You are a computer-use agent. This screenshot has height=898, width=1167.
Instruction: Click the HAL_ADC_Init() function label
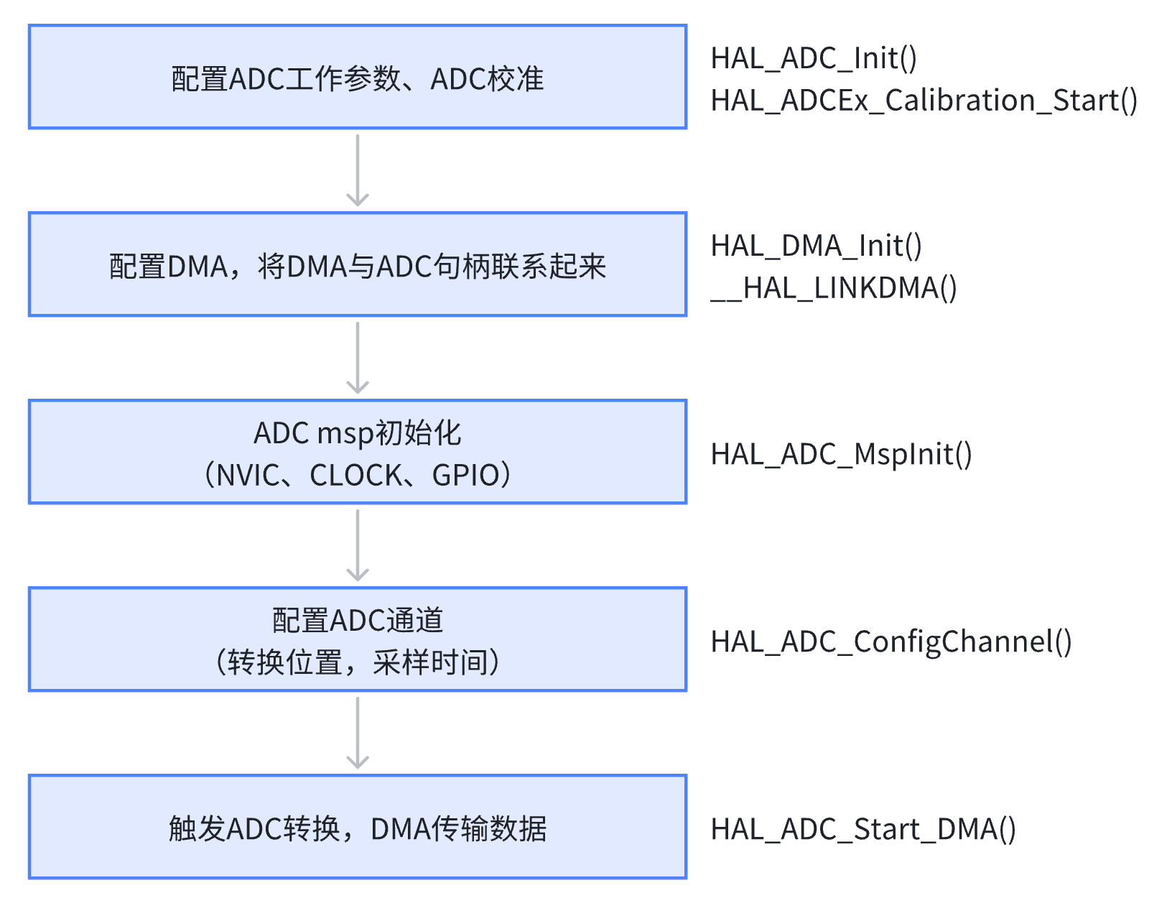[x=813, y=58]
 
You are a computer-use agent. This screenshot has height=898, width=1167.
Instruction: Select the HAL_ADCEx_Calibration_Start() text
[x=924, y=101]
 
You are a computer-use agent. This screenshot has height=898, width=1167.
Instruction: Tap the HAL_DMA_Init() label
[x=816, y=246]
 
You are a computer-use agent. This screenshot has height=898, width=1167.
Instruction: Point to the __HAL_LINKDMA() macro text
[x=833, y=288]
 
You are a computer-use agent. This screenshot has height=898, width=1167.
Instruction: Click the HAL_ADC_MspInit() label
[x=841, y=454]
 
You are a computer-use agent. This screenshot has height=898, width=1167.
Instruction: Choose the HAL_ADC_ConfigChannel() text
[x=891, y=642]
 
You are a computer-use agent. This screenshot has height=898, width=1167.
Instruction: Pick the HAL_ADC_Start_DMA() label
[x=863, y=829]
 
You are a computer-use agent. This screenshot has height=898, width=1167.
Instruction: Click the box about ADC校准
[x=358, y=78]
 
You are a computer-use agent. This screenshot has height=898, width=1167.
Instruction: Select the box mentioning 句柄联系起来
[x=358, y=265]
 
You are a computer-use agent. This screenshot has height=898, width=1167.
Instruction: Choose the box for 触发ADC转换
[x=358, y=828]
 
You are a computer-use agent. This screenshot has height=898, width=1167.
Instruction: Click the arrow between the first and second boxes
[x=358, y=171]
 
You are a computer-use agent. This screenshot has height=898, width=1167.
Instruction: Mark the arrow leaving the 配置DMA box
[x=358, y=358]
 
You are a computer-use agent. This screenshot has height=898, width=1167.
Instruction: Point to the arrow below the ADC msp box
[x=358, y=546]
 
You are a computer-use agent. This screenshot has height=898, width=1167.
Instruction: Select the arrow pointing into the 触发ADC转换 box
[x=358, y=733]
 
